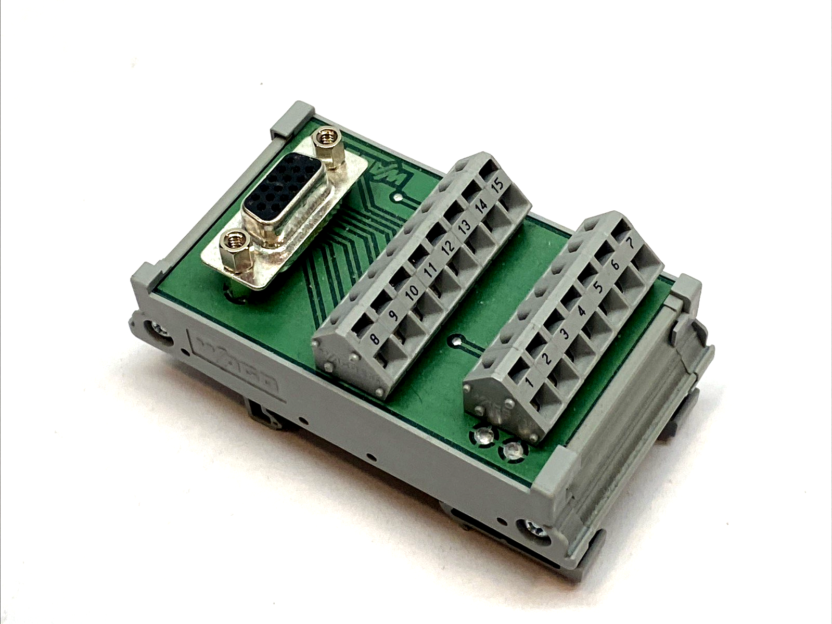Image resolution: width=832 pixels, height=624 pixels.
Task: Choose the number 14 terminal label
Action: (482, 206)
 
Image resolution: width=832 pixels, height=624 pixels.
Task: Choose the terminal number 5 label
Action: (598, 288)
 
